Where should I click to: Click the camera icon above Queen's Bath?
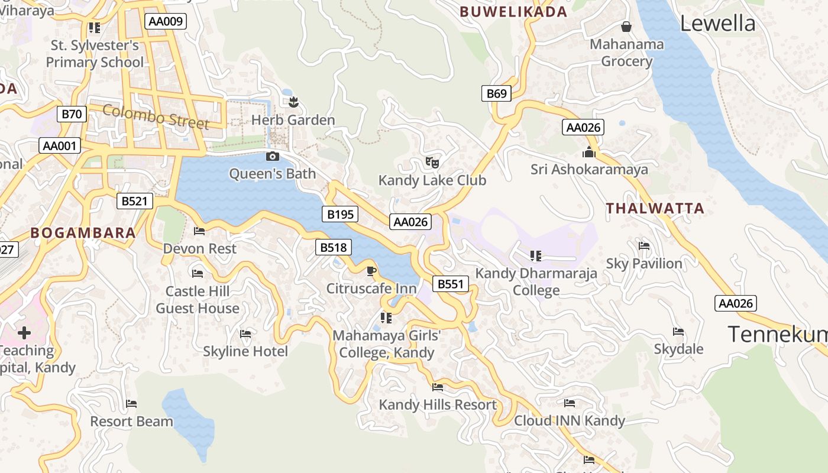point(273,156)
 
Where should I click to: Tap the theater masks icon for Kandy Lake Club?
point(432,161)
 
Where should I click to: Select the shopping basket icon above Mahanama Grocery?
point(626,27)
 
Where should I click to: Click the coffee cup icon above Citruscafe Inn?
point(371,271)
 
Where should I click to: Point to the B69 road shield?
point(496,93)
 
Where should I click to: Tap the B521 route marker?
point(134,201)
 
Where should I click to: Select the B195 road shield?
point(340,214)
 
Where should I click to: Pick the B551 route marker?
point(450,284)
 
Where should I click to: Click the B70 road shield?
point(72,114)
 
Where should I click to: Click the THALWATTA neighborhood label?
point(655,208)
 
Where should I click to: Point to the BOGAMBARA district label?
point(83,233)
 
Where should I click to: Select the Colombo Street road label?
point(156,116)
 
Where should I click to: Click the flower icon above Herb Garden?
point(293,102)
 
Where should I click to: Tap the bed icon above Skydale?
point(678,332)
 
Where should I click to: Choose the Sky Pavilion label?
point(644,264)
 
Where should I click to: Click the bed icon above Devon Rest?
point(199,231)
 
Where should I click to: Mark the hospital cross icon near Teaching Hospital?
point(24,333)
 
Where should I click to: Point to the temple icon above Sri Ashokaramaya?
point(588,153)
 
